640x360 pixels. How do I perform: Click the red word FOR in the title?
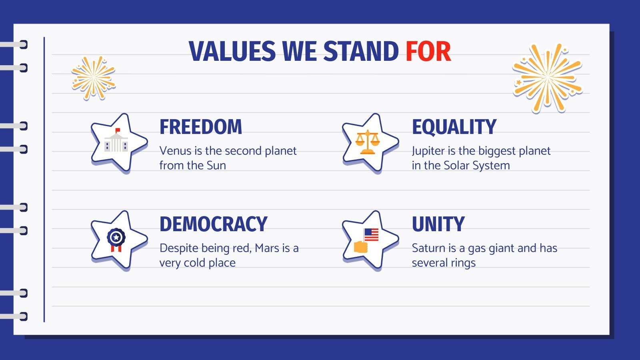(x=428, y=52)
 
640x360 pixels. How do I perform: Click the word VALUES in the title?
(x=232, y=52)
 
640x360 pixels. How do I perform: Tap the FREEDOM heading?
(x=201, y=127)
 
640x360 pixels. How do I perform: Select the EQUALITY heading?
(x=454, y=127)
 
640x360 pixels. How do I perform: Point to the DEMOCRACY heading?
(x=213, y=224)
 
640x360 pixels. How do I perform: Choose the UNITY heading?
(x=438, y=224)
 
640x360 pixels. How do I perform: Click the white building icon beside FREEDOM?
(x=116, y=143)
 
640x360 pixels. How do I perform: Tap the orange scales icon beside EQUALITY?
(x=367, y=142)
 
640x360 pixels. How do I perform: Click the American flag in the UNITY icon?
(x=372, y=234)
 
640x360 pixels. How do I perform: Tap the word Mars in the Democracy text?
(x=267, y=248)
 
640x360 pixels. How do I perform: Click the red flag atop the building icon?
(x=118, y=130)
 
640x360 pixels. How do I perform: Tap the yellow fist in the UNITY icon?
(x=361, y=247)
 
